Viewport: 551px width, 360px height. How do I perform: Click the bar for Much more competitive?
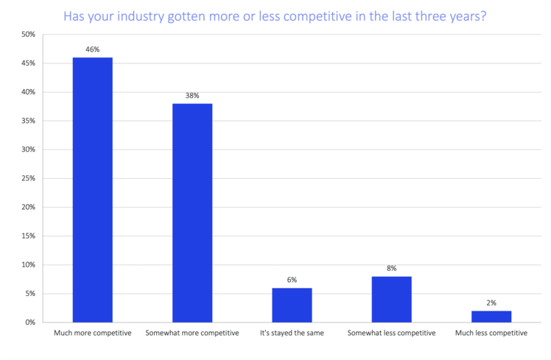93,190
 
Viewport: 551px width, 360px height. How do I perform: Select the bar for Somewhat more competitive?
192,213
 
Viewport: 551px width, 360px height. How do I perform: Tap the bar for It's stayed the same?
292,305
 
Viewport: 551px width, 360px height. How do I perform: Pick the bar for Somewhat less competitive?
391,299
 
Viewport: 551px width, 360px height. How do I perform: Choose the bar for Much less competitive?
491,317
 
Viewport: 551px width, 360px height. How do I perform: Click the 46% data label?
93,49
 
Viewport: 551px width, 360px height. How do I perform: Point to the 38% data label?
192,96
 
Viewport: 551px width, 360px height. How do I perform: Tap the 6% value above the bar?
292,280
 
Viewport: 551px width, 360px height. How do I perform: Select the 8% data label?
391,268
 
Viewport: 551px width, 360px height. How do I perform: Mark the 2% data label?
491,303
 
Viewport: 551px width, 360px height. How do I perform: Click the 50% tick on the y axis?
28,35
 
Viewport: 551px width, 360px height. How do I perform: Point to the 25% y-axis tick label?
28,179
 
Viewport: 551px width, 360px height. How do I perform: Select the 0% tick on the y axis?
30,322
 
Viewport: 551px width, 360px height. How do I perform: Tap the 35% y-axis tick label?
28,121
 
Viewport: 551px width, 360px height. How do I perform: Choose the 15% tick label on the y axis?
28,236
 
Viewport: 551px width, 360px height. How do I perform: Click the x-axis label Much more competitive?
93,333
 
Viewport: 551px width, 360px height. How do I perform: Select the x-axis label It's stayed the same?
292,333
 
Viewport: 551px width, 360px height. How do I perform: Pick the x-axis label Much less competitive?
491,333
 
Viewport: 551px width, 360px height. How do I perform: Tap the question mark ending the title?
482,15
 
